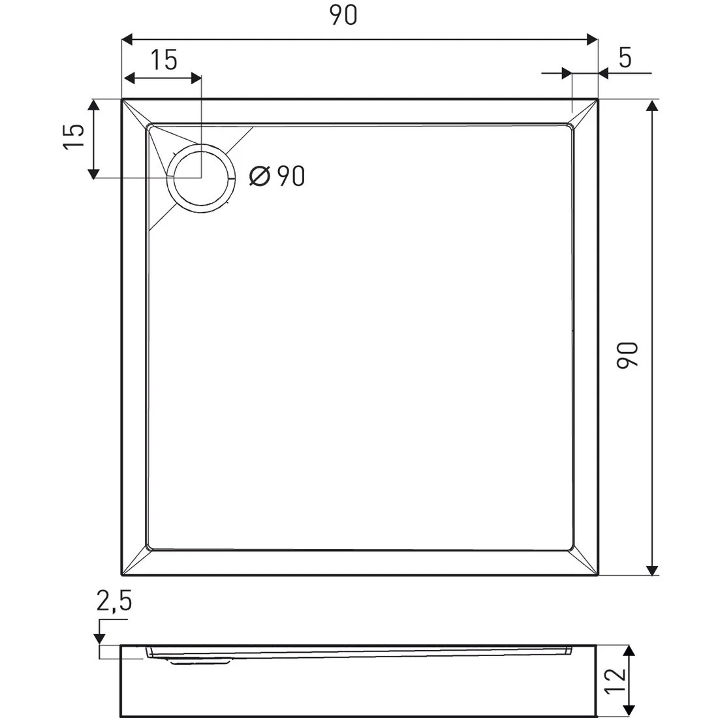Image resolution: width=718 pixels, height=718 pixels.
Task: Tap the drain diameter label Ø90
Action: [x=277, y=176]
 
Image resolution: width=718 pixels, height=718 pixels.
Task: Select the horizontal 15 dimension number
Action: [x=164, y=60]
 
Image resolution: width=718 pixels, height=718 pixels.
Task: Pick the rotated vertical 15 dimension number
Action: [x=74, y=137]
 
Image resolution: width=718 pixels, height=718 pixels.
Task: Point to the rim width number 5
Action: [x=625, y=59]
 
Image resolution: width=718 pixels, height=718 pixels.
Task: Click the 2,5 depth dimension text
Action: [x=114, y=601]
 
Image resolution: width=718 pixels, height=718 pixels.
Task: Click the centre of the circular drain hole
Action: [x=201, y=178]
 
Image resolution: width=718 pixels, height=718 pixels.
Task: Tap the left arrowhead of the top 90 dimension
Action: [x=128, y=39]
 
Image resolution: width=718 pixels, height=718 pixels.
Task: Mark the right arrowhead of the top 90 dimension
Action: [x=592, y=39]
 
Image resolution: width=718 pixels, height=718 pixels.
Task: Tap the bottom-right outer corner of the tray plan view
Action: [x=598, y=576]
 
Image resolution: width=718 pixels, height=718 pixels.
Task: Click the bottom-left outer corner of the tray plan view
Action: [x=122, y=576]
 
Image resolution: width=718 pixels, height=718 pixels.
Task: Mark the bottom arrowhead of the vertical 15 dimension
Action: [x=93, y=173]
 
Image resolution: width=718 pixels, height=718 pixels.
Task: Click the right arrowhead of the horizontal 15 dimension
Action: [x=196, y=78]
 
